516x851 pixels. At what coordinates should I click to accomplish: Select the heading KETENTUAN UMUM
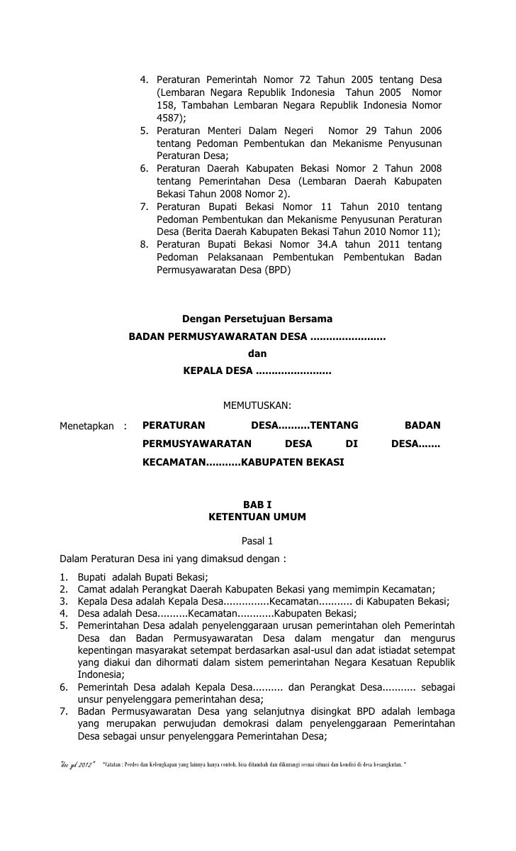(x=257, y=517)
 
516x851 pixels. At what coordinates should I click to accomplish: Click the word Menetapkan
(x=86, y=426)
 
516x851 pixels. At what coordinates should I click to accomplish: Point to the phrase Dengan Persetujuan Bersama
(x=257, y=319)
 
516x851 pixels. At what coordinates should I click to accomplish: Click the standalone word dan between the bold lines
(x=257, y=353)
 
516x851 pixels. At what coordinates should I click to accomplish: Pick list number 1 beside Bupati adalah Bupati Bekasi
(x=64, y=576)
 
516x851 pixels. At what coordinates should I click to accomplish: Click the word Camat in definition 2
(x=91, y=588)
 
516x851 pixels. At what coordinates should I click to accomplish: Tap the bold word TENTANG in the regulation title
(x=335, y=426)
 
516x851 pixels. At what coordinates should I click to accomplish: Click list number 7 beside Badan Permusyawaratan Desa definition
(x=64, y=713)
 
